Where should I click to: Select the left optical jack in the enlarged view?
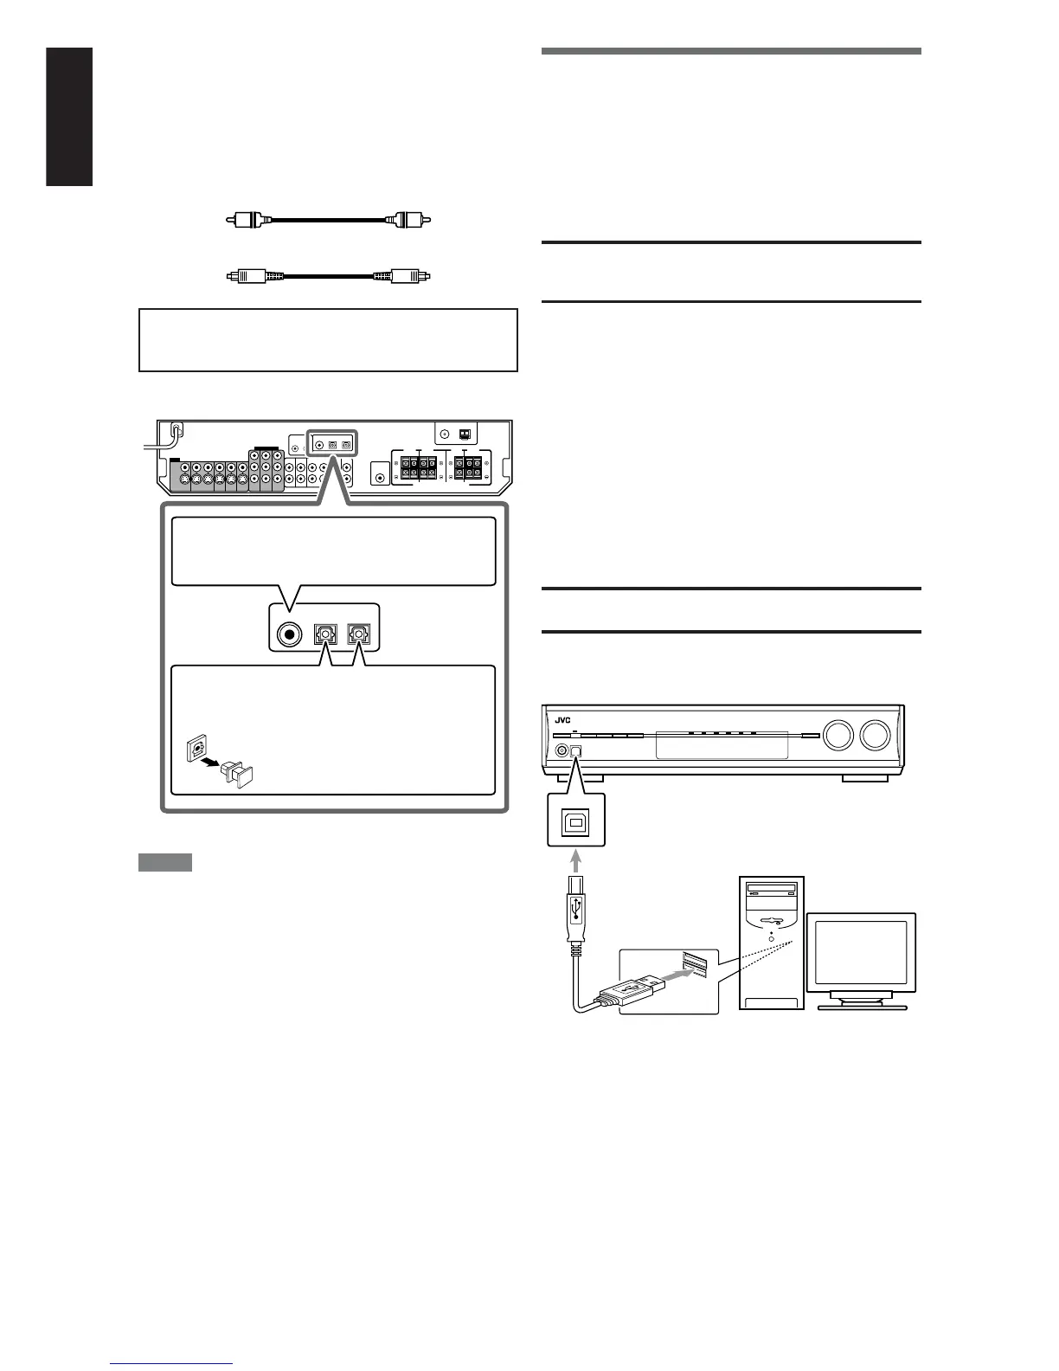(324, 634)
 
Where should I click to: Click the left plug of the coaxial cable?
(246, 220)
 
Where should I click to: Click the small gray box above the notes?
(164, 863)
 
